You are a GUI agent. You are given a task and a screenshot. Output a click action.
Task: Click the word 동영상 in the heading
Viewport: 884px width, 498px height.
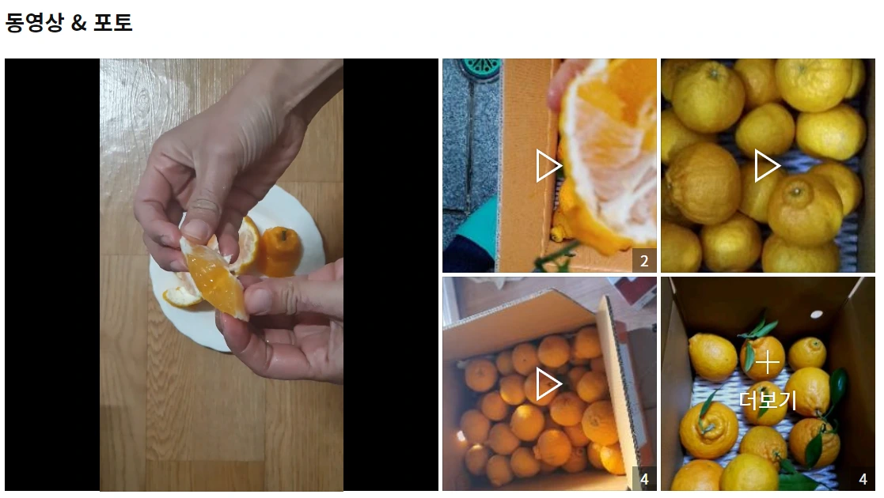(34, 23)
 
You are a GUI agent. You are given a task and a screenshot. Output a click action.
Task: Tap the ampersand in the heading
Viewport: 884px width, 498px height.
(79, 23)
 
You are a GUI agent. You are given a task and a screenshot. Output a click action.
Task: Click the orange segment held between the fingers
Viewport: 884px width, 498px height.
(214, 279)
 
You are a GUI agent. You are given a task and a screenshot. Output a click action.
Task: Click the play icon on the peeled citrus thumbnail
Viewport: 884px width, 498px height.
(548, 166)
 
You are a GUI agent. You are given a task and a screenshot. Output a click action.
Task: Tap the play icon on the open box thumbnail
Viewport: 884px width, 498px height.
(548, 384)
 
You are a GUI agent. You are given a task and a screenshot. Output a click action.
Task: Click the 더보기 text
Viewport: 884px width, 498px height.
(768, 400)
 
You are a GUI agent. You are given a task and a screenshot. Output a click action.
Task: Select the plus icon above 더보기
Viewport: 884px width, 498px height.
(768, 362)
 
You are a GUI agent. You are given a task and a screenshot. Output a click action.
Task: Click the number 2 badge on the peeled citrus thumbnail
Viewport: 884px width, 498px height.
(644, 260)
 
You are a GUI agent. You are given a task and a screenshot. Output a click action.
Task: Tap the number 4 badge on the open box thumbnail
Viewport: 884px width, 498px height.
(644, 479)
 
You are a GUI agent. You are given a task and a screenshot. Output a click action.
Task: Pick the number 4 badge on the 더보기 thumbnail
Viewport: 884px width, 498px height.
(863, 479)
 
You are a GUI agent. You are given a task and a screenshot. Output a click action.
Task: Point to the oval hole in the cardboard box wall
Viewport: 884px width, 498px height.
(816, 315)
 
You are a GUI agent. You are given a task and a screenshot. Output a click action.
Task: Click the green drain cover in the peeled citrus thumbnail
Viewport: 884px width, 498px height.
(480, 68)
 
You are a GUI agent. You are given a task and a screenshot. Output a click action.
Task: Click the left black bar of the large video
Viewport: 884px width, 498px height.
(52, 275)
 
